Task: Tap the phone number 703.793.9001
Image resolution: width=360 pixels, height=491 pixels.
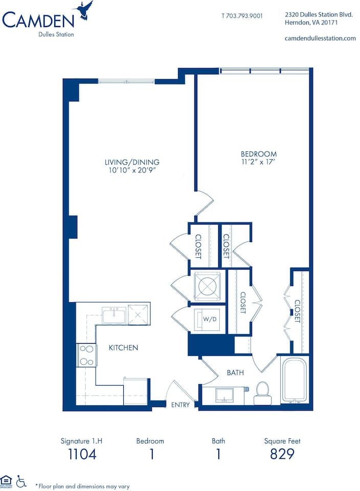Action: click(x=242, y=16)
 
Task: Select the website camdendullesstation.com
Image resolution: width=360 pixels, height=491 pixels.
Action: click(x=320, y=38)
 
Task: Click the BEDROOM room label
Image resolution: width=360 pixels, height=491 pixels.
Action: click(x=259, y=154)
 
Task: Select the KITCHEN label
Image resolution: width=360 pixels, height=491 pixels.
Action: click(x=123, y=348)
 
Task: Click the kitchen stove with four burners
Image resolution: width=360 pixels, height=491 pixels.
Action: click(x=87, y=355)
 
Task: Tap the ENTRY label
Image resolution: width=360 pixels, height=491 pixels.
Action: click(x=181, y=405)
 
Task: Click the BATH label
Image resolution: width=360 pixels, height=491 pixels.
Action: click(x=235, y=373)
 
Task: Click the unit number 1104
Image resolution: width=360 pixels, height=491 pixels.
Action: click(x=82, y=454)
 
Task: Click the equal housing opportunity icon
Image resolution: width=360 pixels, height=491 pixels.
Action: click(x=7, y=481)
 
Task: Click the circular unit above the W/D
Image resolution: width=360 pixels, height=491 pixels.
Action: click(x=207, y=286)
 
